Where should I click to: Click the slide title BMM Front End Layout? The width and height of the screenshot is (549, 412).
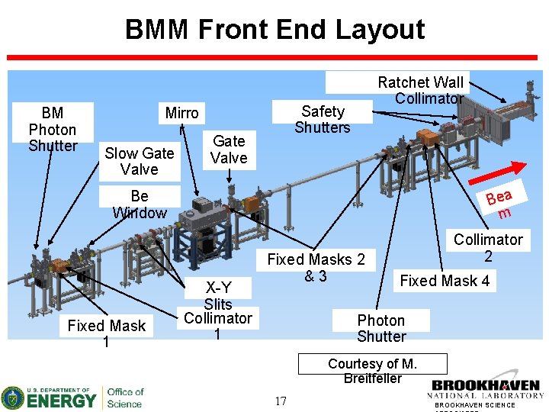[x=274, y=30]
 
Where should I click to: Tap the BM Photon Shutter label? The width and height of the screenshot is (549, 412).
[x=53, y=129]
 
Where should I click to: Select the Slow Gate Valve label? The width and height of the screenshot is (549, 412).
[x=139, y=161]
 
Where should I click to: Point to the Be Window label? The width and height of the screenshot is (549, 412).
[x=139, y=204]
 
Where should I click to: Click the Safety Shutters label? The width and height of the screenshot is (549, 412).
[x=322, y=119]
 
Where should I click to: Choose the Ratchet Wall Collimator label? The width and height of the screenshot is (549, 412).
[x=421, y=89]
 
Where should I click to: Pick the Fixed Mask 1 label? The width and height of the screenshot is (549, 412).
[x=106, y=333]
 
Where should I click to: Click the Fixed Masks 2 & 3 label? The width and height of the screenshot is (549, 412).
[x=316, y=268]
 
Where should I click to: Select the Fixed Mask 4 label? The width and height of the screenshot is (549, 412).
[x=445, y=281]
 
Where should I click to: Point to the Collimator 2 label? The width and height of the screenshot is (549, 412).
[x=488, y=247]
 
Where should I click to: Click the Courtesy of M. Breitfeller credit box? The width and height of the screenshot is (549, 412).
[x=372, y=371]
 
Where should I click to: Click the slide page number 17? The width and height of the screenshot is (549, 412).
[x=281, y=401]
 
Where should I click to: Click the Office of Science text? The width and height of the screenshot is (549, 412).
[x=124, y=398]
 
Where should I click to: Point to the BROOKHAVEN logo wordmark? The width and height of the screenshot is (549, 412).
[x=485, y=387]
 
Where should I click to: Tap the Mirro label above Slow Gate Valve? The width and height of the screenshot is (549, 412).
[x=181, y=113]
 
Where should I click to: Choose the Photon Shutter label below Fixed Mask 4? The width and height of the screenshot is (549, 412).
[x=381, y=328]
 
